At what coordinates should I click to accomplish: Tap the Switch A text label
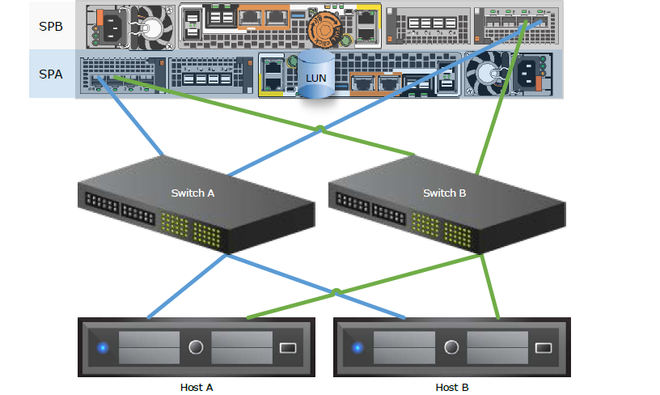pyautogui.click(x=192, y=193)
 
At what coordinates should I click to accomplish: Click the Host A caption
pyautogui.click(x=197, y=387)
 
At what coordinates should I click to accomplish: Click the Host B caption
pyautogui.click(x=452, y=387)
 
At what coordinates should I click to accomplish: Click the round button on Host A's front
pyautogui.click(x=196, y=348)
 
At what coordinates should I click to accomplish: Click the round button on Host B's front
pyautogui.click(x=451, y=348)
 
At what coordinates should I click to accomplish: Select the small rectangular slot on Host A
pyautogui.click(x=289, y=348)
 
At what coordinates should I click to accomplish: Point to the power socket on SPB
pyautogui.click(x=108, y=26)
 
